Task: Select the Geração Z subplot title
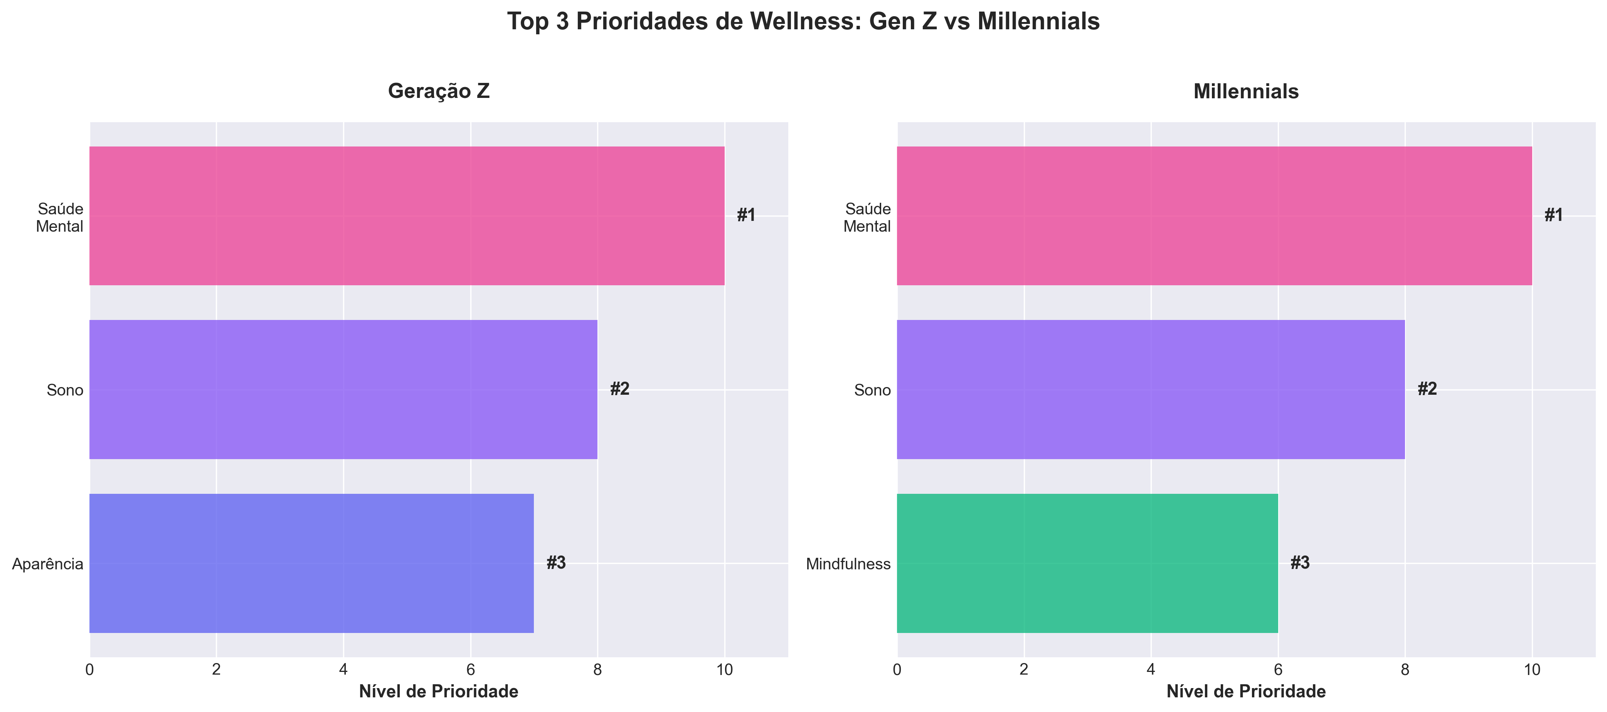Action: (439, 91)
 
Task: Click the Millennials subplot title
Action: (1246, 91)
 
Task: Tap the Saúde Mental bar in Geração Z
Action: (407, 216)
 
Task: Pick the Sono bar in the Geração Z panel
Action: (343, 389)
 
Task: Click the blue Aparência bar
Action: (311, 563)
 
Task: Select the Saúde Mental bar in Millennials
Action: (1214, 216)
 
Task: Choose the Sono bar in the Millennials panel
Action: (1150, 389)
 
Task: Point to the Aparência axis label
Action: (48, 564)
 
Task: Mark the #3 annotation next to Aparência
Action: (556, 563)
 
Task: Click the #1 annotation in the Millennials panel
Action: (1553, 215)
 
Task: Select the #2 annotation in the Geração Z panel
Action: (619, 389)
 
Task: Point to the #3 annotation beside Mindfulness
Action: (1300, 563)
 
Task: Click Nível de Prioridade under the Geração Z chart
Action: (439, 692)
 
